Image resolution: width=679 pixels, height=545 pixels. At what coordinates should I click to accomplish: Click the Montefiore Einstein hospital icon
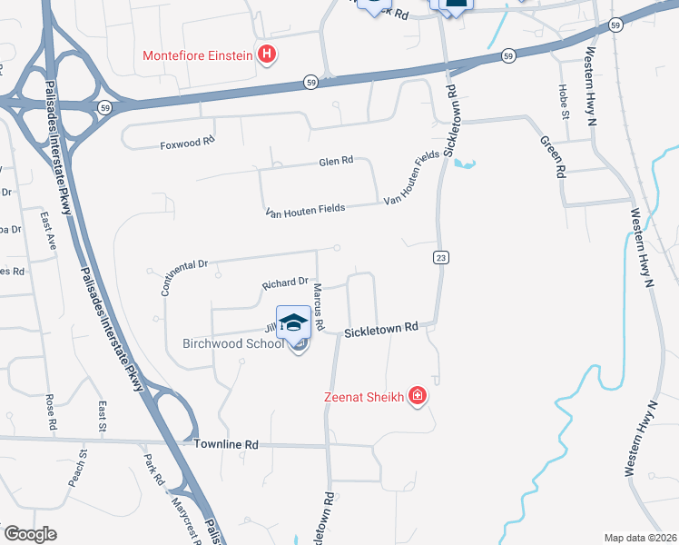point(267,54)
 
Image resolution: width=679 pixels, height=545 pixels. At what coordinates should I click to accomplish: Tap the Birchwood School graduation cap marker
point(293,322)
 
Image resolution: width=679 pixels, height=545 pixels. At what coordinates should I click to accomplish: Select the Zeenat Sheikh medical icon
point(418,396)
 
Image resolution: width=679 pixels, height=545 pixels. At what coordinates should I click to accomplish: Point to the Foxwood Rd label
point(187,143)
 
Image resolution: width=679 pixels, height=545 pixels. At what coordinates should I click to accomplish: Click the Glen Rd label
point(335,161)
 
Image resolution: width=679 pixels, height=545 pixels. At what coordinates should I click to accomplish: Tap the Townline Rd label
point(226,444)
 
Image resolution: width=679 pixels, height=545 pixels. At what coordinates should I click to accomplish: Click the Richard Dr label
point(285,284)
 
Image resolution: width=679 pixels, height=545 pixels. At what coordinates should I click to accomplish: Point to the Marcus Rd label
point(319,305)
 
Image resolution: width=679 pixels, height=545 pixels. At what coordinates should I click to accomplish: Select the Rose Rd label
point(51,411)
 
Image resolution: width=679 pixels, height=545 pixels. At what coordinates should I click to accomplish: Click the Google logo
point(30,534)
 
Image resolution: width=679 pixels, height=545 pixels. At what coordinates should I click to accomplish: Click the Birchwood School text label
point(233,343)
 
